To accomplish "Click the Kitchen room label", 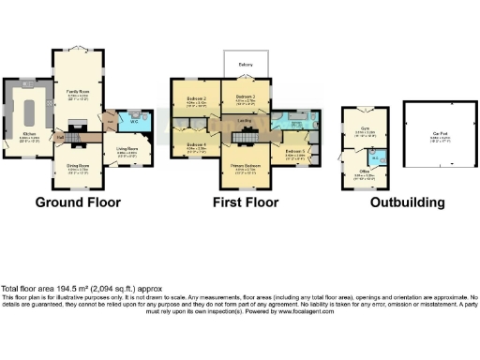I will (x=30, y=134).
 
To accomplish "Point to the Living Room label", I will (x=127, y=147).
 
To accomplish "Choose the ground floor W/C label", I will (x=133, y=121).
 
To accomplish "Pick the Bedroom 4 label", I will (x=197, y=146).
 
